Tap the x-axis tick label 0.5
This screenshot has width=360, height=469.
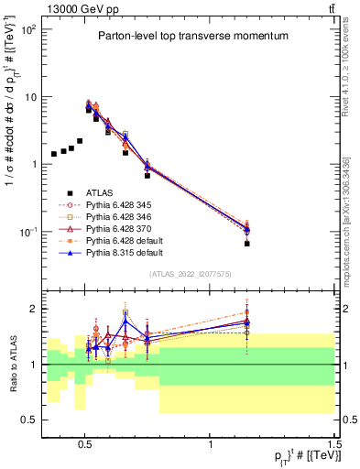point(85,442)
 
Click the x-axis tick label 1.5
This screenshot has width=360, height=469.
point(335,442)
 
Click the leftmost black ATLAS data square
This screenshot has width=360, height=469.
point(54,154)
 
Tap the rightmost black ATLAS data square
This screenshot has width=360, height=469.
point(247,244)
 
